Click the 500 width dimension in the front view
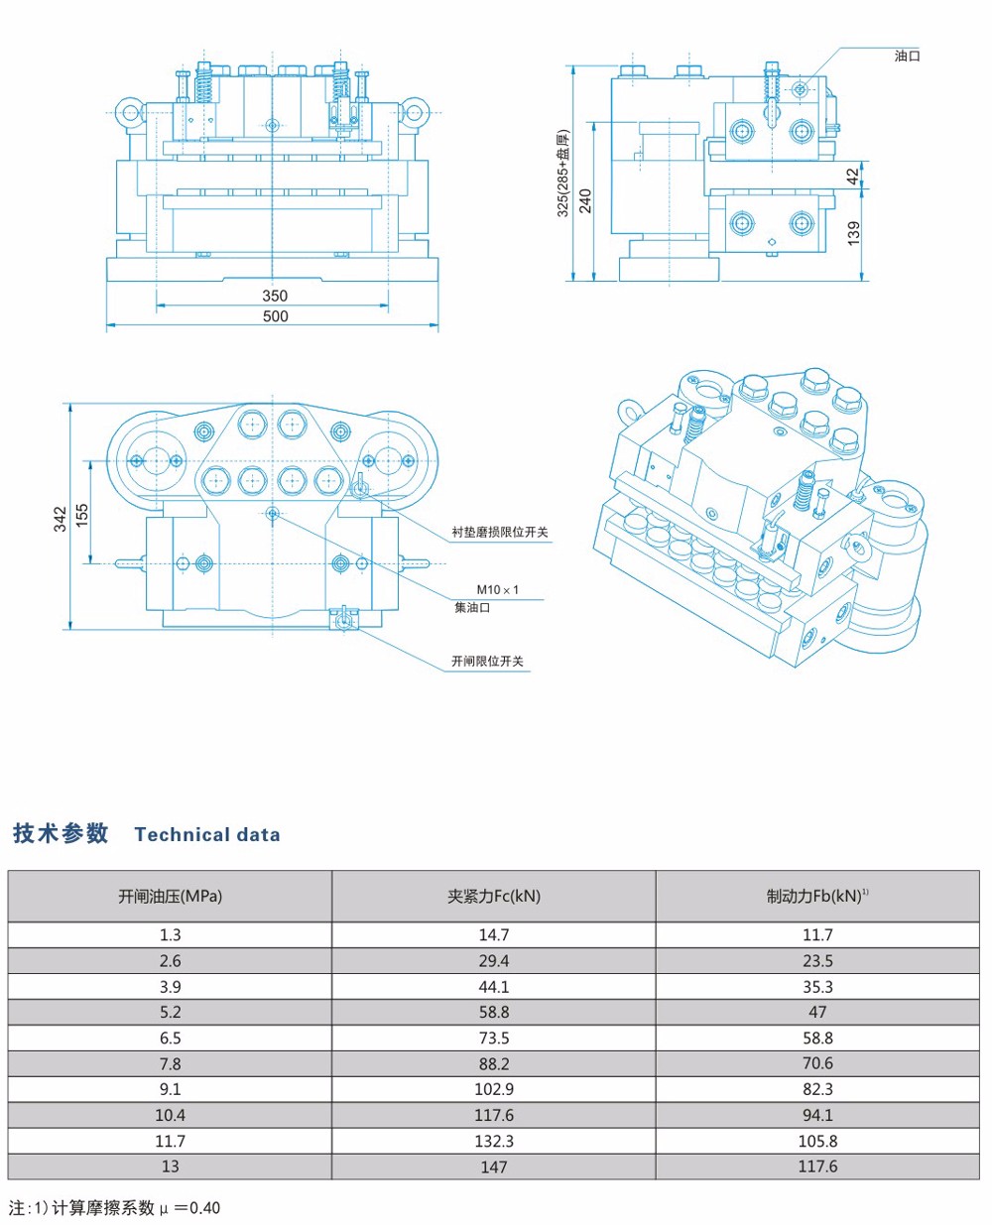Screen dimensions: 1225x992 pos(275,316)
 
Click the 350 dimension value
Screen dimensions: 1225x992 pos(275,296)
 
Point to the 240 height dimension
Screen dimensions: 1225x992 pos(585,200)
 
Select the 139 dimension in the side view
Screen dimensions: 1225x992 pos(854,233)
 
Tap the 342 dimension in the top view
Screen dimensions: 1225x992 pos(61,519)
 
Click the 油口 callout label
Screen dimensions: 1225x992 pos(907,56)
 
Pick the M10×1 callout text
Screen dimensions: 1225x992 pos(497,590)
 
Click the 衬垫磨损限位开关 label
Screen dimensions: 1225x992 pos(500,532)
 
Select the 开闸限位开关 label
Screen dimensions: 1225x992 pos(487,661)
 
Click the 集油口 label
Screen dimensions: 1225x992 pos(472,607)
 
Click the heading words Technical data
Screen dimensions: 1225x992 pos(207,835)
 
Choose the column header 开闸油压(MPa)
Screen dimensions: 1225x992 pos(170,897)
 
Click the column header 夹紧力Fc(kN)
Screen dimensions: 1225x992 pos(493,897)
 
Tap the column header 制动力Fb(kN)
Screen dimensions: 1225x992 pos(815,897)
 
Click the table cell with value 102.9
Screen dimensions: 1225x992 pos(493,1089)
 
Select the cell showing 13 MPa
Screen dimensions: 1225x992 pos(170,1166)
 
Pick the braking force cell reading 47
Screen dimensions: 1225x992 pos(817,1012)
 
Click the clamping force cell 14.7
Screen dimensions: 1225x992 pos(493,935)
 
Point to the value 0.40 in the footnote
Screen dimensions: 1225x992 pos(204,1208)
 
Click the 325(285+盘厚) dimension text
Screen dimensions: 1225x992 pos(562,174)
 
